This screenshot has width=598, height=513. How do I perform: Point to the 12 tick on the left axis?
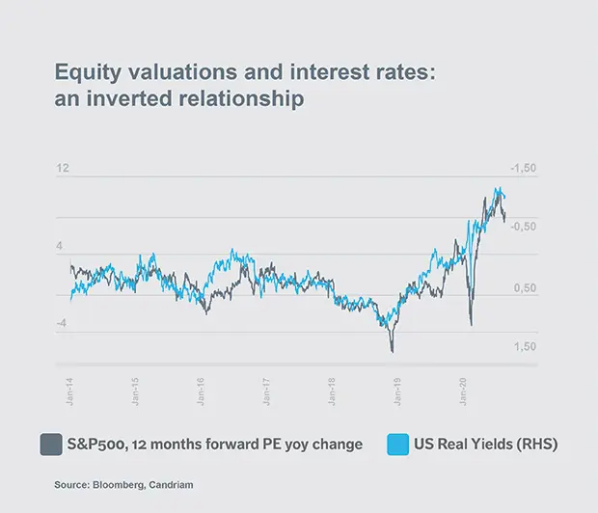(63, 169)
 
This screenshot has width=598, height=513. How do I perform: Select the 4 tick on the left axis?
(60, 246)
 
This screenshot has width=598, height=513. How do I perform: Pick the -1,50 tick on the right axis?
(521, 169)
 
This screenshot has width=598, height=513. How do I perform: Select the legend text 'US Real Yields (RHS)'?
(486, 445)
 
